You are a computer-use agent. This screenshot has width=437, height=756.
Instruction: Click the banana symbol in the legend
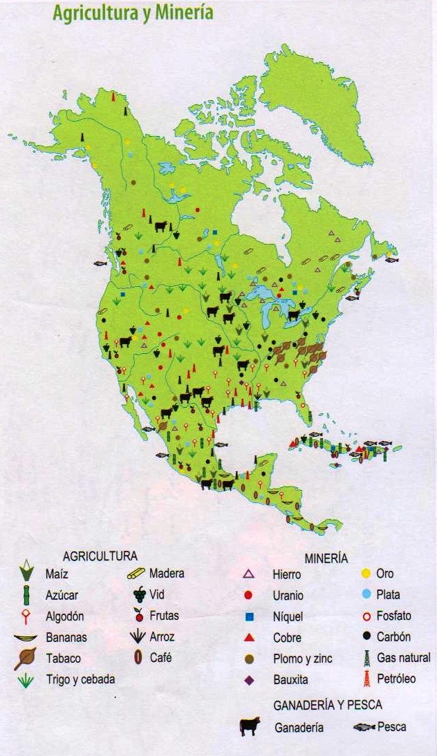tap(26, 637)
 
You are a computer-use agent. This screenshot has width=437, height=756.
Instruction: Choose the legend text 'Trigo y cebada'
tap(80, 679)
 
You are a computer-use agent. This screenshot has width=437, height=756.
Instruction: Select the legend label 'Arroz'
tap(162, 636)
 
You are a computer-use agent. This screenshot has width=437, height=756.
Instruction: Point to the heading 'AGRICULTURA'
tap(100, 556)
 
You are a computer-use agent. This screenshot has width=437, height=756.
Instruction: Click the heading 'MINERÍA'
tap(326, 558)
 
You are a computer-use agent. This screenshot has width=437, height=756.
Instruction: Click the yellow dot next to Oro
tap(366, 573)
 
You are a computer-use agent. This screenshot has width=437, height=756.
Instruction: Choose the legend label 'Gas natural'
tap(403, 658)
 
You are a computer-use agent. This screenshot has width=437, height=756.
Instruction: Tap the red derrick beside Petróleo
tap(366, 679)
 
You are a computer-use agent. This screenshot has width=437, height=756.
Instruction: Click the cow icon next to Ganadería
tap(250, 726)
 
